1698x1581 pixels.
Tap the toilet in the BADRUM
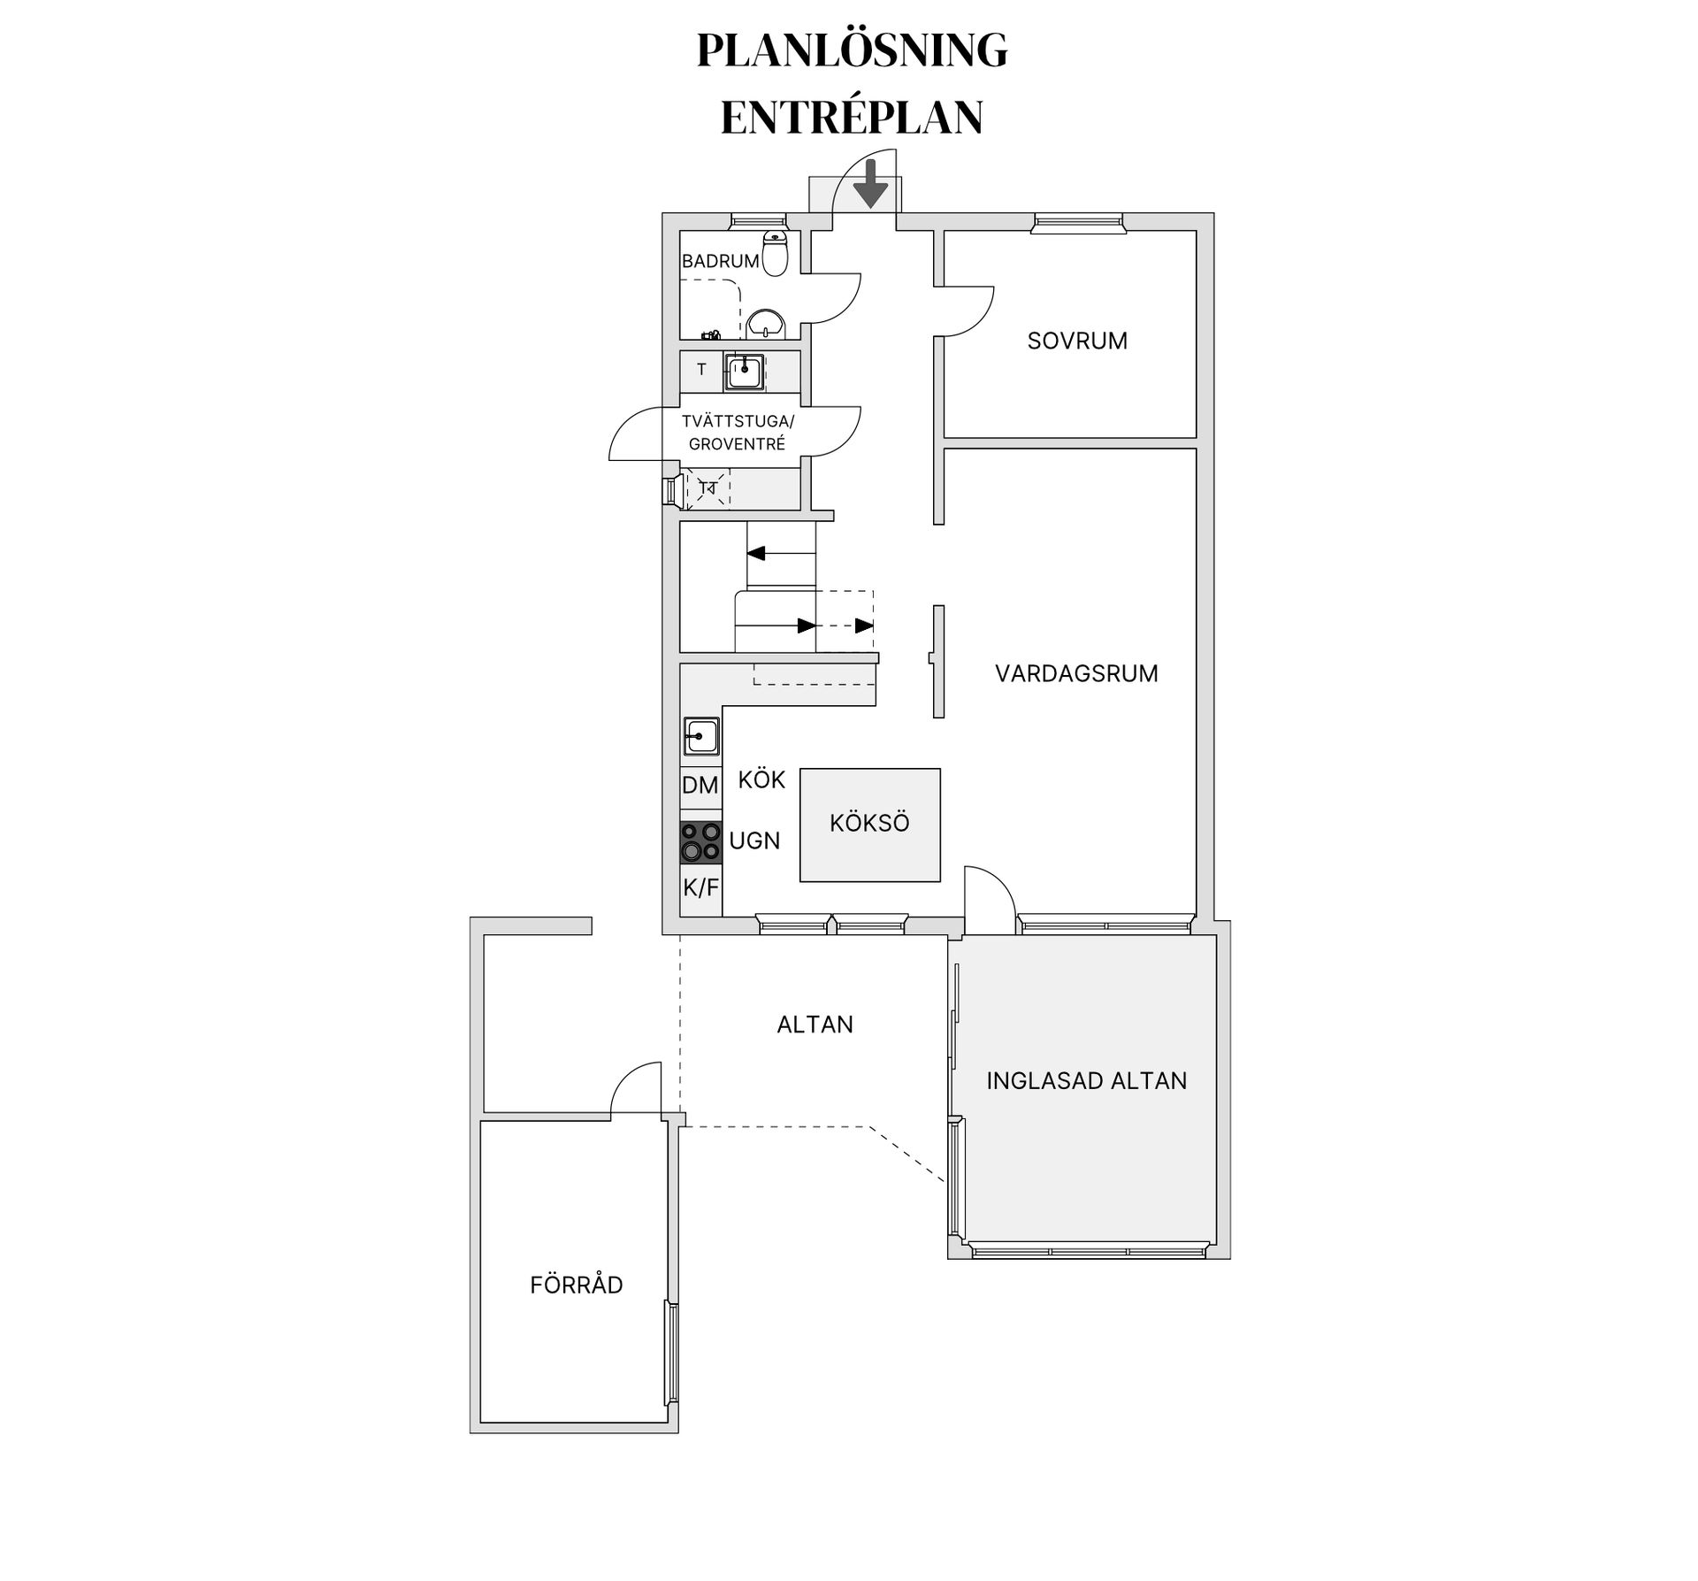point(775,254)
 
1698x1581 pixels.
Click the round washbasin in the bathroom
point(765,325)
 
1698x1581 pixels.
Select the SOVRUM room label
point(1077,342)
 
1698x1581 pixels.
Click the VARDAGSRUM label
point(1076,674)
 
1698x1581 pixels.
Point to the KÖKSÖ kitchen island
point(869,824)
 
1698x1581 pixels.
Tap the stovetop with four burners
point(700,842)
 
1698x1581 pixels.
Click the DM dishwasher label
point(700,786)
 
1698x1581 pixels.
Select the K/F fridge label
point(700,887)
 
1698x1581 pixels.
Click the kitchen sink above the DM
point(701,736)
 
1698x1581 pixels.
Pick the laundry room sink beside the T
point(745,371)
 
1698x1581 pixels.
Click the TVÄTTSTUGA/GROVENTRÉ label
point(738,433)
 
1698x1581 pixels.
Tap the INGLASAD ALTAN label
point(1086,1081)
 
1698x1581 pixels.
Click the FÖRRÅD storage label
point(577,1286)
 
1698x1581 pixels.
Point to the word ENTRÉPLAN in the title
point(852,118)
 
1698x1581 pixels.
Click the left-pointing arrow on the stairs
point(757,554)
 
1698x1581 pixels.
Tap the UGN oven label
point(754,841)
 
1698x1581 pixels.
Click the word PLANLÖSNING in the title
point(852,50)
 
